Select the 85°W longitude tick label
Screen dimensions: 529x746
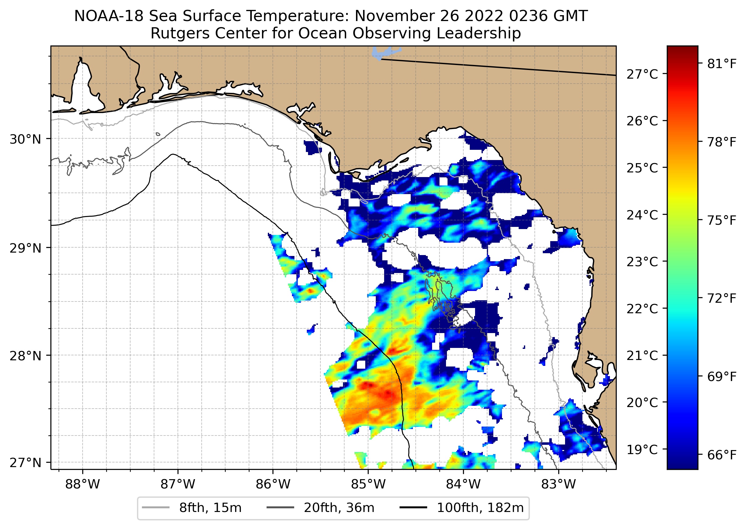tap(368, 484)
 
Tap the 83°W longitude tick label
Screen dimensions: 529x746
tap(559, 484)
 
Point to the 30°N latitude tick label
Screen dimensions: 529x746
tap(25, 139)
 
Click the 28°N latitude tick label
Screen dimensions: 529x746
tap(25, 356)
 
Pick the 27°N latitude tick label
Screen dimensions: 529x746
tap(25, 462)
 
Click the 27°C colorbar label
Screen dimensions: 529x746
tap(642, 74)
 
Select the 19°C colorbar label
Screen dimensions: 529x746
tap(642, 449)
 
